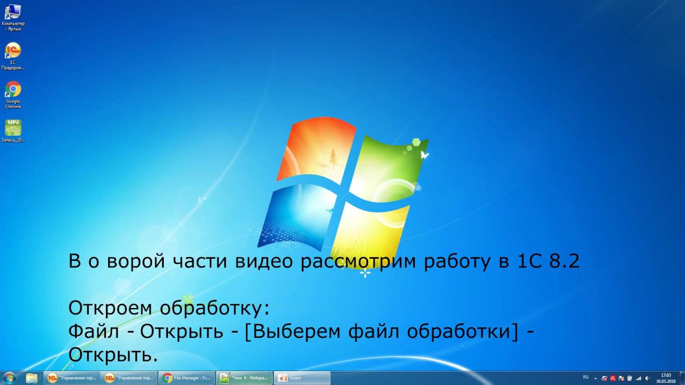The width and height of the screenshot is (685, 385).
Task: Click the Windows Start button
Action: [x=9, y=378]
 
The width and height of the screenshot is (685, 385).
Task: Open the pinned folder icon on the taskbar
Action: [x=32, y=378]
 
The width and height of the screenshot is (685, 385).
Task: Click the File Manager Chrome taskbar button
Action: [x=187, y=378]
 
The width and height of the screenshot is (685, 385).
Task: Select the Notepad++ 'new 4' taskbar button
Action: [x=245, y=378]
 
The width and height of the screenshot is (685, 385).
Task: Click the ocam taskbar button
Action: [x=302, y=378]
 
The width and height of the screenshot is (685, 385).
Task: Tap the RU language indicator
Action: [x=585, y=378]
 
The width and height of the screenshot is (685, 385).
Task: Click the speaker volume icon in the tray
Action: [x=647, y=378]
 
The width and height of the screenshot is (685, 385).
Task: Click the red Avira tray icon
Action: [x=613, y=378]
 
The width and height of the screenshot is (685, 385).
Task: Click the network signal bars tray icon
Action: [x=638, y=378]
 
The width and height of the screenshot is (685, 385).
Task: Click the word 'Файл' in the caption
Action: [x=94, y=332]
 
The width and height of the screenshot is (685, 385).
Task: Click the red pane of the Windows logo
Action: [x=316, y=150]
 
